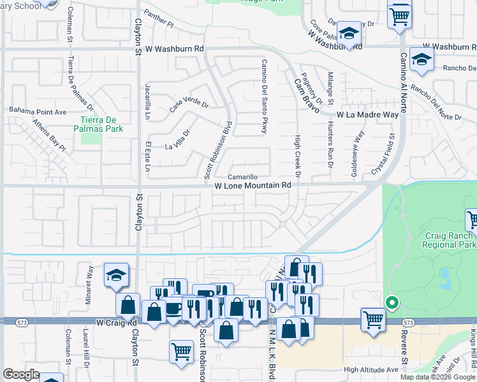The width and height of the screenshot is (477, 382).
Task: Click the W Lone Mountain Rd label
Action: tap(253, 186)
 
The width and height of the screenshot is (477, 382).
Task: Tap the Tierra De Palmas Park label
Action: tap(101, 124)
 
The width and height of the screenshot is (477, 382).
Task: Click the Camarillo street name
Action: tap(242, 176)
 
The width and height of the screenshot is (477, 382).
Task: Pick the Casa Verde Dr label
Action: tap(189, 104)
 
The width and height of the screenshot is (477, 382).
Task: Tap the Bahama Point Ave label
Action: tap(38, 111)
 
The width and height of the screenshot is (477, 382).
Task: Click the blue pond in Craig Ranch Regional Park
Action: tap(444, 276)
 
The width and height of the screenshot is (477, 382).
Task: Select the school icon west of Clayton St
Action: tap(117, 275)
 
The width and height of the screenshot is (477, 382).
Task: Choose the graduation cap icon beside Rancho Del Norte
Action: tap(422, 59)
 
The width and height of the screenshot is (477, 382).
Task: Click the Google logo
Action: tap(22, 374)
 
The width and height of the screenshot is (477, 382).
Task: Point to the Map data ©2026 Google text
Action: tap(437, 377)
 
